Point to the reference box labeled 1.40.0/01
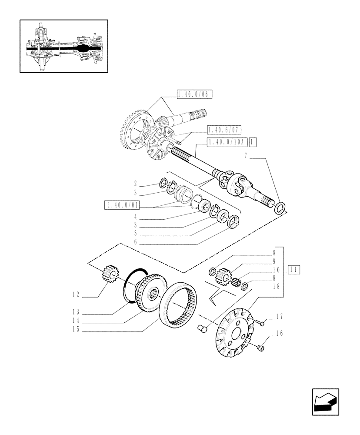(x=119, y=204)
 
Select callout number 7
(x=246, y=155)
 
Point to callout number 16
(x=279, y=334)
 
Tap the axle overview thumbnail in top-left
(x=64, y=46)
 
